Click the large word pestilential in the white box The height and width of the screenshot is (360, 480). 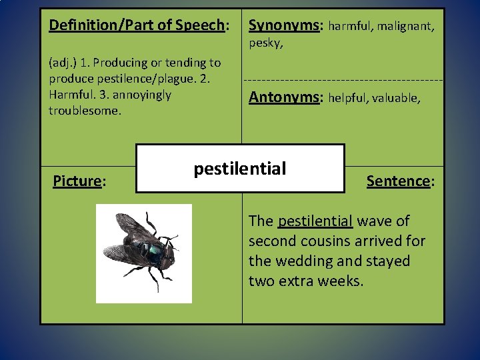240,169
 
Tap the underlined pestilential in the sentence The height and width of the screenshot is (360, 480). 315,221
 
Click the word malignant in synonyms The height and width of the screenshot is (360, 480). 407,27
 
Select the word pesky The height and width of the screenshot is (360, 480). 265,44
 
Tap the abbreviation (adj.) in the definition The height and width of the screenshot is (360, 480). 63,63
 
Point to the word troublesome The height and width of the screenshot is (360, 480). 85,111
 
